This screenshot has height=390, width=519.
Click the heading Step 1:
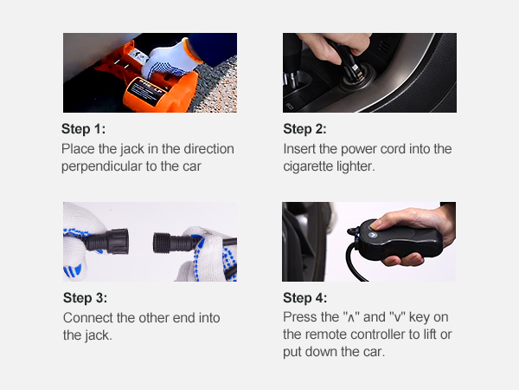coord(83,128)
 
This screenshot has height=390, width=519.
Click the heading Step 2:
coord(304,128)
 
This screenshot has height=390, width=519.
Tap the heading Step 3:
coord(85,298)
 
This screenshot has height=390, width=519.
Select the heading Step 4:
coord(304,298)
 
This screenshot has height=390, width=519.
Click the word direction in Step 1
coord(208,149)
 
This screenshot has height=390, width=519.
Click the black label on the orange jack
coord(148,91)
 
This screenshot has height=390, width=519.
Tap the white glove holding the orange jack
coord(169,60)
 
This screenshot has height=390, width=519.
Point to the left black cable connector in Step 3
coord(106,242)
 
